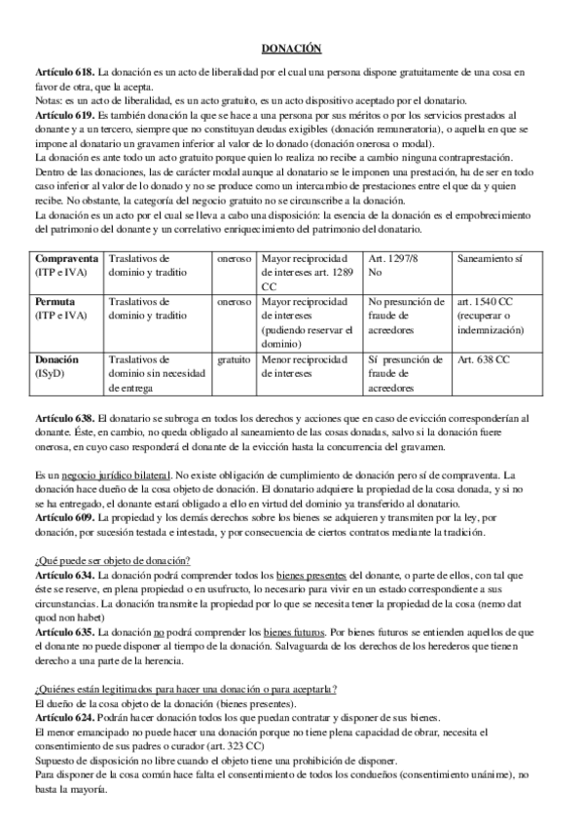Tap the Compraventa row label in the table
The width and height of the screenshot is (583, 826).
click(66, 260)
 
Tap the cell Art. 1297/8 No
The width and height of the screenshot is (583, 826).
click(398, 267)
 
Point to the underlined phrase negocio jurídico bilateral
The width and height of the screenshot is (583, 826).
click(115, 471)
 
